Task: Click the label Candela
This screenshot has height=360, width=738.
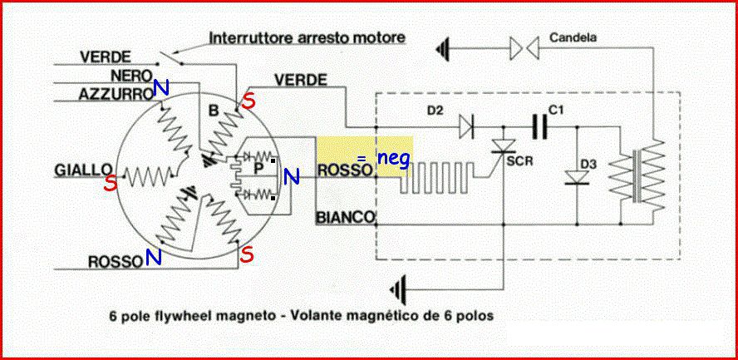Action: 573,37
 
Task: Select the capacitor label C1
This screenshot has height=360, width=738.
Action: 556,109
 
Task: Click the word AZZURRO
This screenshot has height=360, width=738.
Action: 114,95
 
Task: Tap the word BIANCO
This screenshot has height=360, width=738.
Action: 344,218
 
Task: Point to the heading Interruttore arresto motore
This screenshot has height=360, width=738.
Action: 307,37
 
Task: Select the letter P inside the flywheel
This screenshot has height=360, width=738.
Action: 258,167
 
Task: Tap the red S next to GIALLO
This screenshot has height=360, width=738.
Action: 110,185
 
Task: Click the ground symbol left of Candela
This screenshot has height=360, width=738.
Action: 450,49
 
